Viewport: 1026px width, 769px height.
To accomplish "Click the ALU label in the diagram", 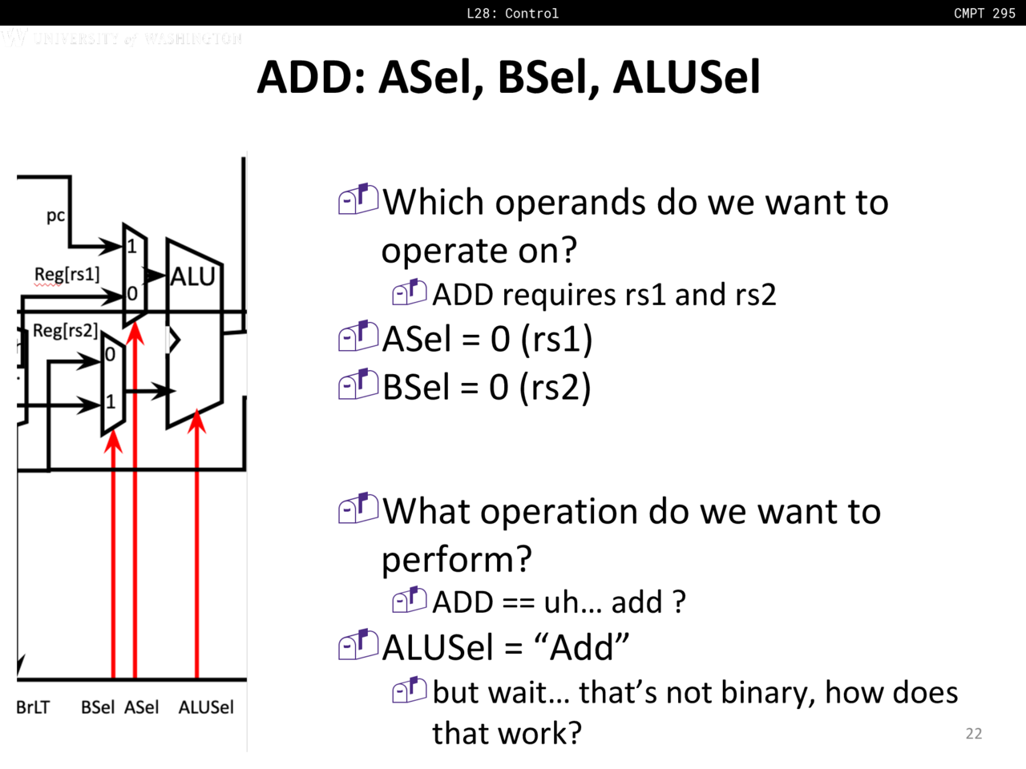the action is [x=192, y=276].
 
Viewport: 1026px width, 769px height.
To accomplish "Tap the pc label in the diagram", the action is [x=55, y=215].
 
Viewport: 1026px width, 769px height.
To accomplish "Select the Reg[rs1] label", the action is [x=67, y=274].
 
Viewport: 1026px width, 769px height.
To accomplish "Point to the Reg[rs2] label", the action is [x=65, y=331].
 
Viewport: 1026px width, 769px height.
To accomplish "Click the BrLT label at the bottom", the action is [x=33, y=707].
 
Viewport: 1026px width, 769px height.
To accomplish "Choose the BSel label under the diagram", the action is [x=97, y=707].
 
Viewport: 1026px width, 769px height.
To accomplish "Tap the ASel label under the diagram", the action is [x=141, y=707].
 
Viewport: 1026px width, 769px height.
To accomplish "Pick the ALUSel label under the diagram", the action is [x=206, y=707].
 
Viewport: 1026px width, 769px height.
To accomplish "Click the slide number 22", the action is [x=974, y=734].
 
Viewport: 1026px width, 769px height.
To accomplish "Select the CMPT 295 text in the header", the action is [x=984, y=13].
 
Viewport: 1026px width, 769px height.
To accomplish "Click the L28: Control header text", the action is [x=513, y=13].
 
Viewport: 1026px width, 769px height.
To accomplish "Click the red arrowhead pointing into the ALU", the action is [x=197, y=421].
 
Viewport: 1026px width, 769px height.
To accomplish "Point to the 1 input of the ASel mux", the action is [x=131, y=246].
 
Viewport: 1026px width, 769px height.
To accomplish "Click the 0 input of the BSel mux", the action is [x=110, y=354].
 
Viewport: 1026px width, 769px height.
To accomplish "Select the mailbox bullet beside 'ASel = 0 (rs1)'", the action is [x=358, y=336].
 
